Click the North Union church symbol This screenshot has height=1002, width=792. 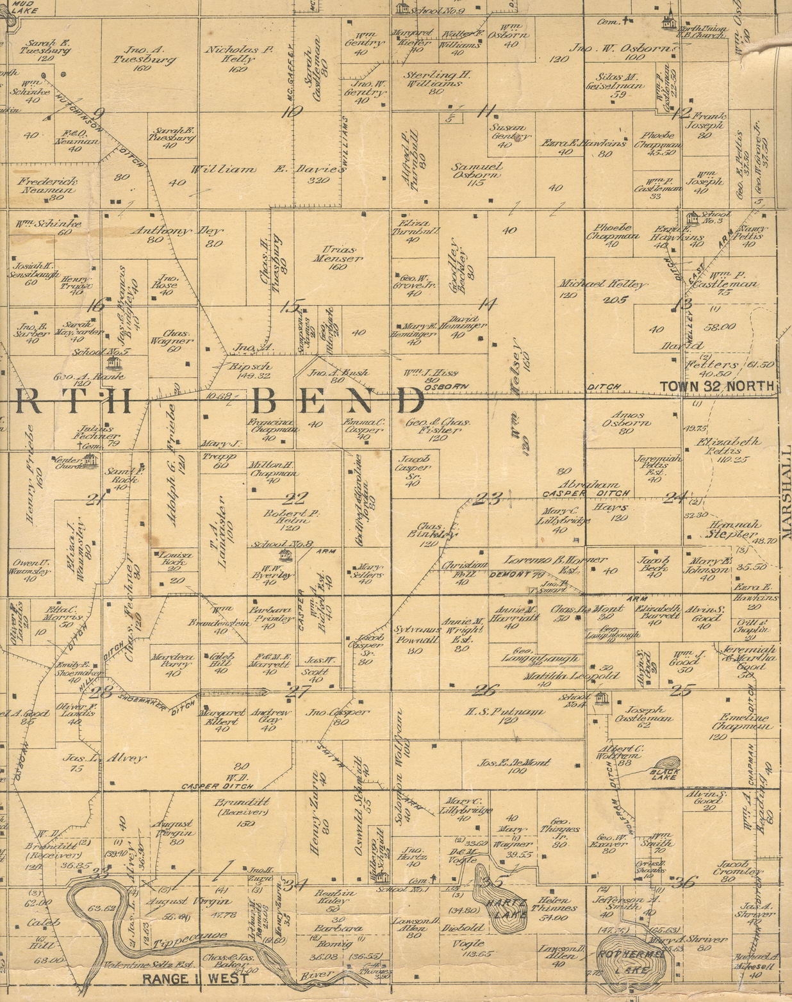tap(669, 20)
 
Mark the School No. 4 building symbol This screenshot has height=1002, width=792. tap(601, 700)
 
